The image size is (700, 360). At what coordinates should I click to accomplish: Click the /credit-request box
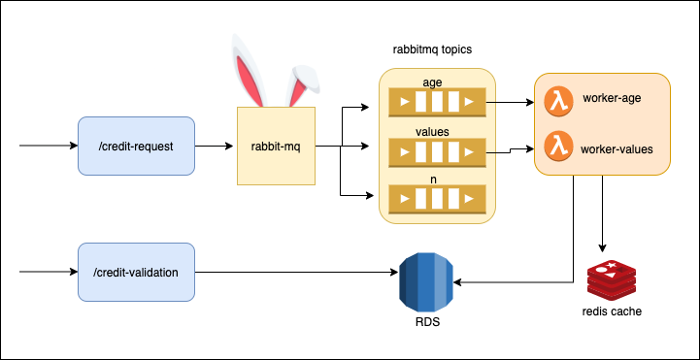pos(136,147)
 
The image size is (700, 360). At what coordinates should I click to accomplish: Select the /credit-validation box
pos(136,273)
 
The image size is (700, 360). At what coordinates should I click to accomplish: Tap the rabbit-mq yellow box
pos(276,147)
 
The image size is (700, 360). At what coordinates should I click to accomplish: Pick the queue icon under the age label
pos(436,101)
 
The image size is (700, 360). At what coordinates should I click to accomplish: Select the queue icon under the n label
pos(436,201)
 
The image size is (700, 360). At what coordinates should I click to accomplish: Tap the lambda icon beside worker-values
pos(556,147)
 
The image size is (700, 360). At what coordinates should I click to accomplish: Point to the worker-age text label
pos(612,99)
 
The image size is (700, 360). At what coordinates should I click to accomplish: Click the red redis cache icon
pos(612,279)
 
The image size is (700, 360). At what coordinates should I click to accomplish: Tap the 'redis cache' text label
pos(613,311)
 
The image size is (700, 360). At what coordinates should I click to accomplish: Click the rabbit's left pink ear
pos(248,73)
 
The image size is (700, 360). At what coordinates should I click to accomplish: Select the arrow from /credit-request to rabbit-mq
pos(216,147)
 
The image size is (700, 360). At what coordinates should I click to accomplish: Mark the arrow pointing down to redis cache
pos(604,213)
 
